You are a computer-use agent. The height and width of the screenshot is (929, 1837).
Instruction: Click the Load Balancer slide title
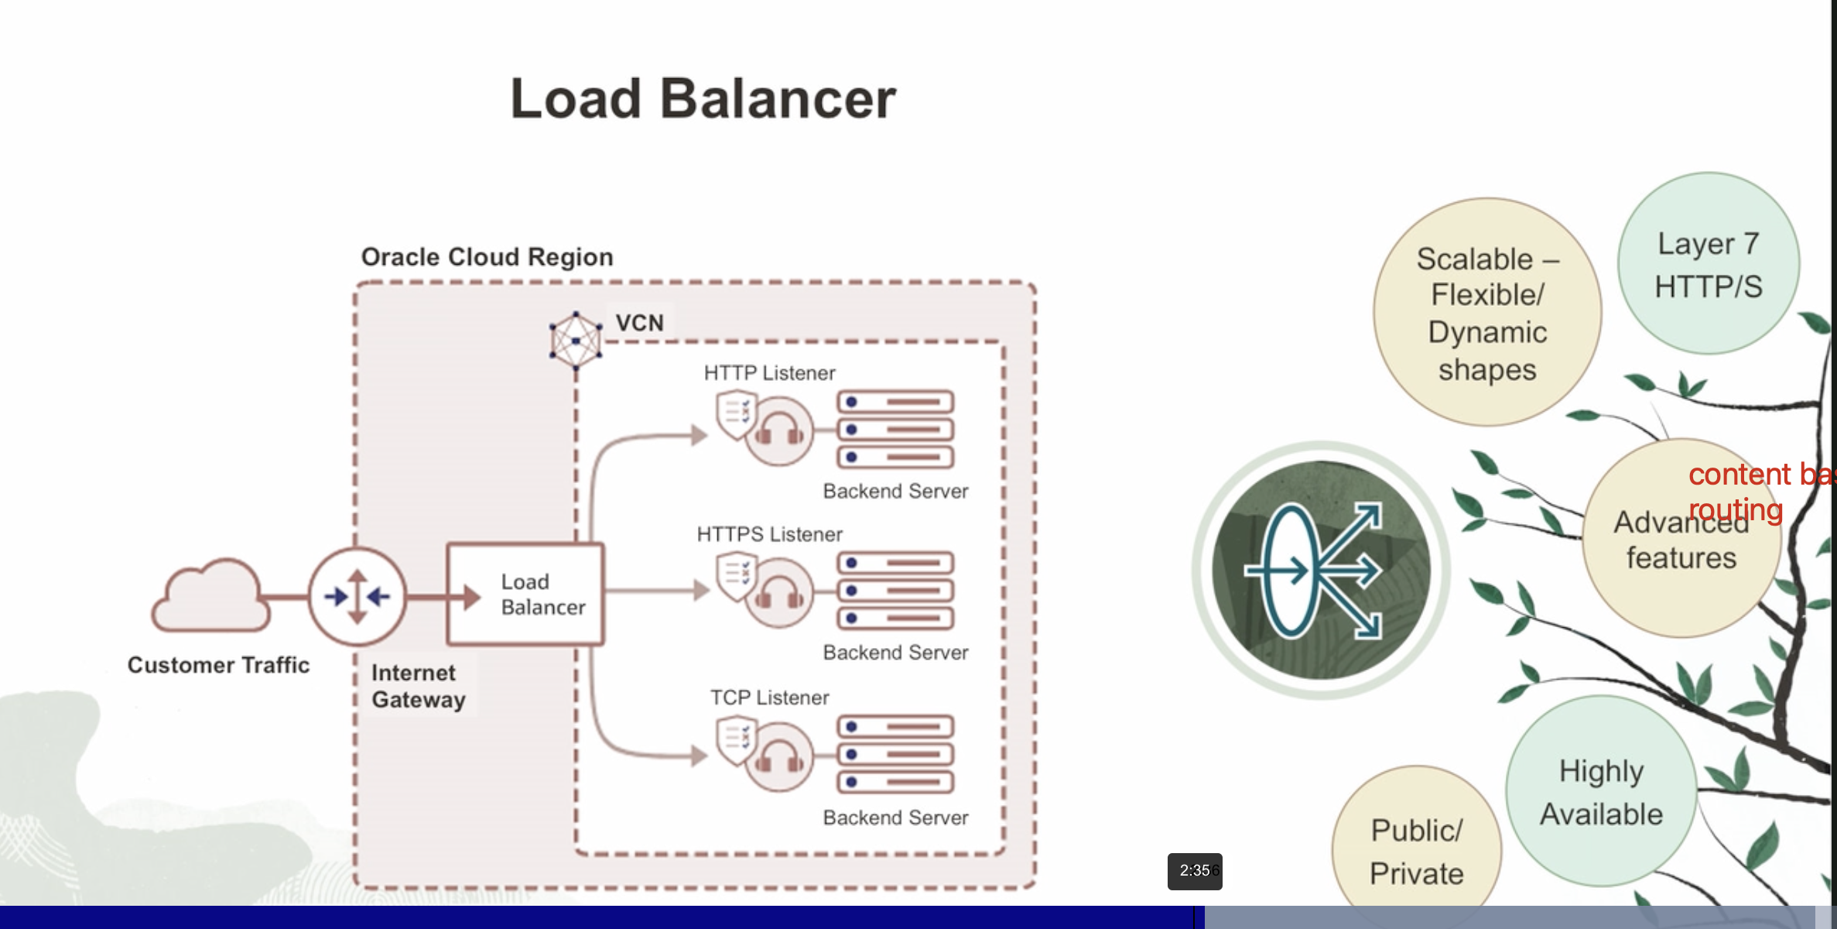703,99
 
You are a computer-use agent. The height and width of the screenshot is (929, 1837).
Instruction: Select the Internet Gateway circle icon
357,596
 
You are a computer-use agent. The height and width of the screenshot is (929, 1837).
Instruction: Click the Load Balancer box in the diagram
525,595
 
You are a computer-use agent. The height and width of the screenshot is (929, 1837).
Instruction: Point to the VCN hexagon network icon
576,340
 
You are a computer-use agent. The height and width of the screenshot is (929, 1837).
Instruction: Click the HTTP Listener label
769,373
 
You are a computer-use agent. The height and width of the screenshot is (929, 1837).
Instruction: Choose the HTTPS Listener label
769,534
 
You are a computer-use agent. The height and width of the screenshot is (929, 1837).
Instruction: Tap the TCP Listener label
769,698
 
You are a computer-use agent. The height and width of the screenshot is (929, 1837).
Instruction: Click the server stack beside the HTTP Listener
895,430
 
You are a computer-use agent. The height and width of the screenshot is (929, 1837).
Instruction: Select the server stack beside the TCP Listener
895,754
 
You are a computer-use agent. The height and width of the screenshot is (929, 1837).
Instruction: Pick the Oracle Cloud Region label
487,257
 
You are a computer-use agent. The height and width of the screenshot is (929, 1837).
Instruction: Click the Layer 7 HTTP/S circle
1708,264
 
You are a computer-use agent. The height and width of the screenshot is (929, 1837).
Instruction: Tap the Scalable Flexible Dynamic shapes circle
1486,312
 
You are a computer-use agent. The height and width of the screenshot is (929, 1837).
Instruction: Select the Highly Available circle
1601,791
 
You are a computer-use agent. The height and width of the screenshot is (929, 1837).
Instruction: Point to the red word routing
1736,509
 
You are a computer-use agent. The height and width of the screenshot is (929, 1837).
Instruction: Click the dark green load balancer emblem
1321,571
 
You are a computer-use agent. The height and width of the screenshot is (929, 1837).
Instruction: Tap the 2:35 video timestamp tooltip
1195,871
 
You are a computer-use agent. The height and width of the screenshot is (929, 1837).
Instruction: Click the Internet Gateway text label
418,686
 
